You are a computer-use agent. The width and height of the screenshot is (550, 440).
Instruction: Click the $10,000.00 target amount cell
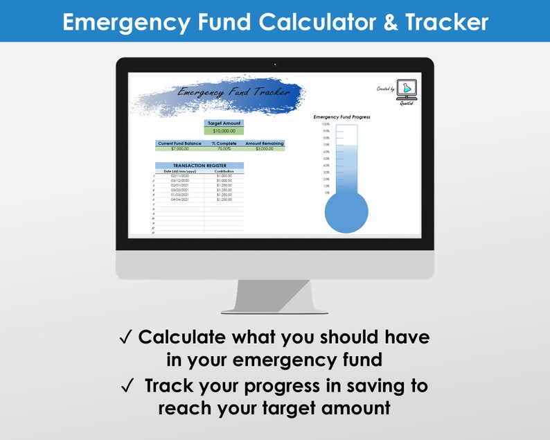(x=224, y=130)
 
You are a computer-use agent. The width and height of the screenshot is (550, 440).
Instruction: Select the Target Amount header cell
(x=224, y=123)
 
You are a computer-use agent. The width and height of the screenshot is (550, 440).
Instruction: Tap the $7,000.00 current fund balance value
(x=179, y=148)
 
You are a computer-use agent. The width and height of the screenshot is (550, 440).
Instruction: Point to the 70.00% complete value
(x=224, y=148)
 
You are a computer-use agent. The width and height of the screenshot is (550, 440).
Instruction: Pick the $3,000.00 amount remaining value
(x=264, y=148)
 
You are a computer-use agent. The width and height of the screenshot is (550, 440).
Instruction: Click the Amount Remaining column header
(x=264, y=143)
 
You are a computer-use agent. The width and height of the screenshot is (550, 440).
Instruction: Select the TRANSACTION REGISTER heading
(x=199, y=166)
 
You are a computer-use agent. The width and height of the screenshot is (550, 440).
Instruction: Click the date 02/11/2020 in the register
(x=179, y=176)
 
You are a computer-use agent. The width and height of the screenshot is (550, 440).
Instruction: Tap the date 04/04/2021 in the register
(x=179, y=200)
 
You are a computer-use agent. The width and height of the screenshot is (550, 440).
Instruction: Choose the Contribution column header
(x=224, y=171)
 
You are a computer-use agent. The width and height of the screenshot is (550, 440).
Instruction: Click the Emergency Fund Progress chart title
(x=342, y=117)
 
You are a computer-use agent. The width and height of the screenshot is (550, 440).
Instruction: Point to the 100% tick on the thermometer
(x=326, y=124)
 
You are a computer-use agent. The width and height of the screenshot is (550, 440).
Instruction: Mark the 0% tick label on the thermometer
(x=327, y=193)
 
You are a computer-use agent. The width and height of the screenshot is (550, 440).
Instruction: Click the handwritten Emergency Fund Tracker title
(x=220, y=91)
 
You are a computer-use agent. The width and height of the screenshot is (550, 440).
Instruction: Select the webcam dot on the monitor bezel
(x=275, y=64)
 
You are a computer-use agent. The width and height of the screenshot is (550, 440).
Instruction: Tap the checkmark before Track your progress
(x=126, y=385)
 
